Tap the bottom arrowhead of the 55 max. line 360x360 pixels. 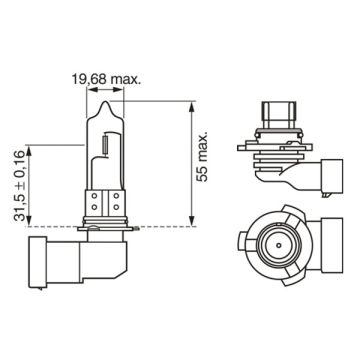point(190,226)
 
